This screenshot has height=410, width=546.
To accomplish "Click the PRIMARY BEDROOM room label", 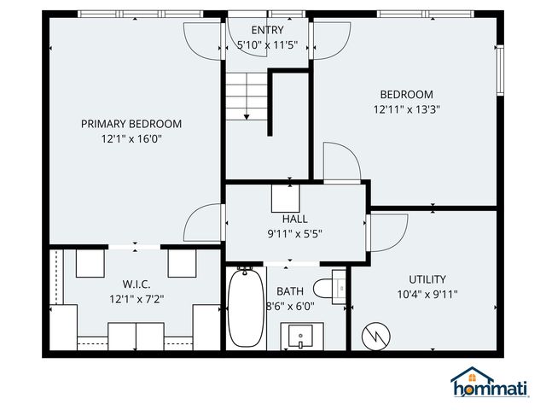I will click(131, 123).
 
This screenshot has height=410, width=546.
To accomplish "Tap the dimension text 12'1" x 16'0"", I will click(131, 138).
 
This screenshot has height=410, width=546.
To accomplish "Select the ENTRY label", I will click(267, 30).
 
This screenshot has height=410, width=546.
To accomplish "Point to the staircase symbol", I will click(247, 96).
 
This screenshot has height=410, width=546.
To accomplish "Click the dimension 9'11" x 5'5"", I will click(294, 232).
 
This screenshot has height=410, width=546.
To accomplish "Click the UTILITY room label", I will click(427, 279).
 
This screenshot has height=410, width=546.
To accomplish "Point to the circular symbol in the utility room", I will click(375, 336).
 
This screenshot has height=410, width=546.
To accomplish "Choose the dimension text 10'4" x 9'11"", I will click(427, 295).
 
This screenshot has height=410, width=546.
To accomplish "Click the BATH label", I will click(290, 291).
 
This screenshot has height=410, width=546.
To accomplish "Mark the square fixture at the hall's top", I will click(286, 198).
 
